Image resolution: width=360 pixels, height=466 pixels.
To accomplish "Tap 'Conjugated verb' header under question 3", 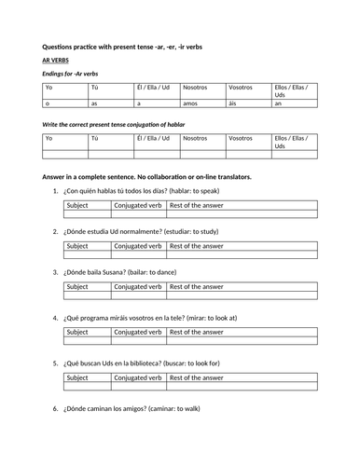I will [138, 284].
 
